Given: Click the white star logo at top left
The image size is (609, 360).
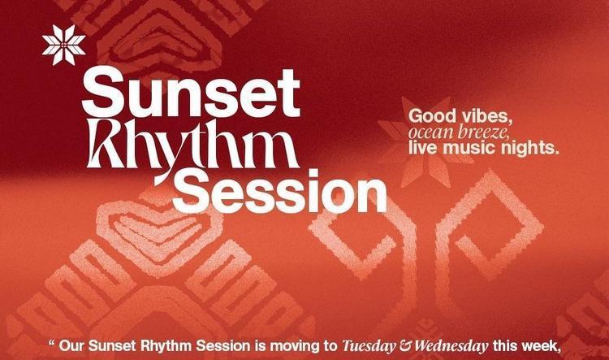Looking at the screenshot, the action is click(63, 45).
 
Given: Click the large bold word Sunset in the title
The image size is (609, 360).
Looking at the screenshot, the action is click(191, 93).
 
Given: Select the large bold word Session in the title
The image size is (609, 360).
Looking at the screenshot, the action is click(279, 191).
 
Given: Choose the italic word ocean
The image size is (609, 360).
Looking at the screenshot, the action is click(430, 132).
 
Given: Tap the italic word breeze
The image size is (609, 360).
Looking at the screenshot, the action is click(484, 132).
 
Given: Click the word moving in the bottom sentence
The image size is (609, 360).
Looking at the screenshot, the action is click(291, 346).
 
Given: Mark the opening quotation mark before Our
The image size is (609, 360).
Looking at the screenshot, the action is click(52, 343).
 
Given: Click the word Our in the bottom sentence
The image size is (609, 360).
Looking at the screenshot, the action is click(71, 346).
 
